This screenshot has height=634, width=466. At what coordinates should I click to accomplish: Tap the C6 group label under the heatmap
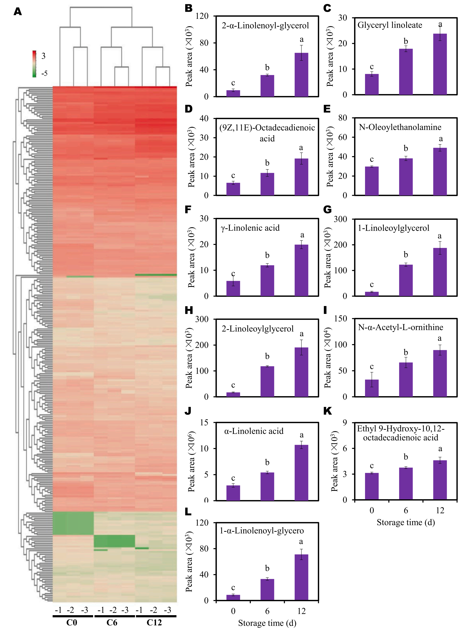pos(112,622)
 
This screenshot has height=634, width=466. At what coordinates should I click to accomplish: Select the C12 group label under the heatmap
pos(154,622)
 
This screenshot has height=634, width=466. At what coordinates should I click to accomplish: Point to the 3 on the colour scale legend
pos(43,56)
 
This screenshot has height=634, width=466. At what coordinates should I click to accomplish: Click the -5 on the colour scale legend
pos(44,73)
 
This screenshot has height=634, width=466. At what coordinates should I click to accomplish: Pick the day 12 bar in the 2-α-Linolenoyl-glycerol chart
pos(301,75)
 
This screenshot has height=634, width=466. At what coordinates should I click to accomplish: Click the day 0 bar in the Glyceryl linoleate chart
pos(371,84)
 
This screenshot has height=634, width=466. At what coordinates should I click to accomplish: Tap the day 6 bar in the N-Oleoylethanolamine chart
pos(406,177)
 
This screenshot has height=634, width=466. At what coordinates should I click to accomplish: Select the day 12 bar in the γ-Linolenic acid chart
pos(301,270)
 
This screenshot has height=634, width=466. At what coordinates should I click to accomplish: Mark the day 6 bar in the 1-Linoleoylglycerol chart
pos(406,280)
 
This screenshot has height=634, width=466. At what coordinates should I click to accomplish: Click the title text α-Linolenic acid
pos(254,431)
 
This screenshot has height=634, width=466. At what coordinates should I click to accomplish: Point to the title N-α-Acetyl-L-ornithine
pos(401,327)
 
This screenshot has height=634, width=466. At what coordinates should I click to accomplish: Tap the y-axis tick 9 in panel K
pos(345,423)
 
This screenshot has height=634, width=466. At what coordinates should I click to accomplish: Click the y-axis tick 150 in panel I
pos(341,319)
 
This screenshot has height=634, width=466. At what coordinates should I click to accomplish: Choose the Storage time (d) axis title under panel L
pos(267,623)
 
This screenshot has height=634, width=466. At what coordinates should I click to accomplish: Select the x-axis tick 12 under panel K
pos(440,510)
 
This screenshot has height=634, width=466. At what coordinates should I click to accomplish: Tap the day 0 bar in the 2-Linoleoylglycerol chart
pos(233,394)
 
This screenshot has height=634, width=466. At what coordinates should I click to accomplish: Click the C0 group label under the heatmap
pos(72,622)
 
